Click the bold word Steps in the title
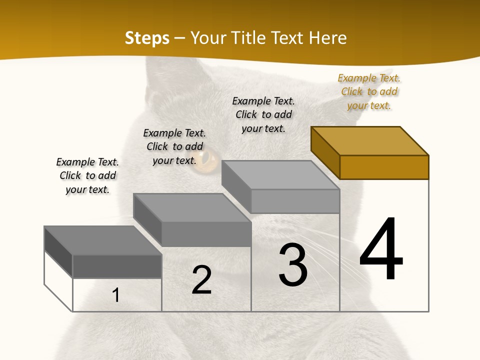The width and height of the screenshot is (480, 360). [x=147, y=38]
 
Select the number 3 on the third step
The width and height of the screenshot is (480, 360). [x=293, y=265]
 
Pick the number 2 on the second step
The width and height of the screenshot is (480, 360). [x=201, y=280]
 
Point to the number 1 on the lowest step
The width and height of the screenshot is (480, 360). [x=115, y=295]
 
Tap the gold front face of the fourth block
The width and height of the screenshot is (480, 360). [x=384, y=167]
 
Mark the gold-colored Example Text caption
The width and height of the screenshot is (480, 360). [x=369, y=92]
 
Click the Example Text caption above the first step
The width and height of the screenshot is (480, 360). [x=87, y=175]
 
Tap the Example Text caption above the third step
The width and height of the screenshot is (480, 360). [x=263, y=114]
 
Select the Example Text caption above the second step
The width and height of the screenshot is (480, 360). [x=174, y=146]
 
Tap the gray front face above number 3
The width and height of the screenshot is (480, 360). [x=295, y=201]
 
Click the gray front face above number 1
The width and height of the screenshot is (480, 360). [x=117, y=266]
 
